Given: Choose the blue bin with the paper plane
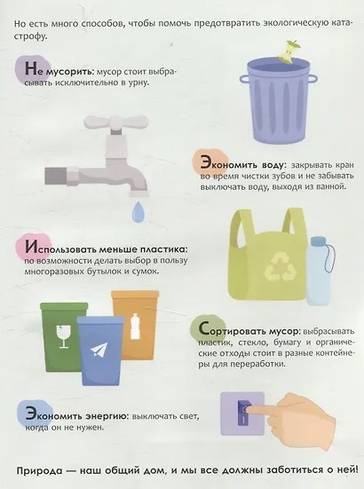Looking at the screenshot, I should [100, 350].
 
